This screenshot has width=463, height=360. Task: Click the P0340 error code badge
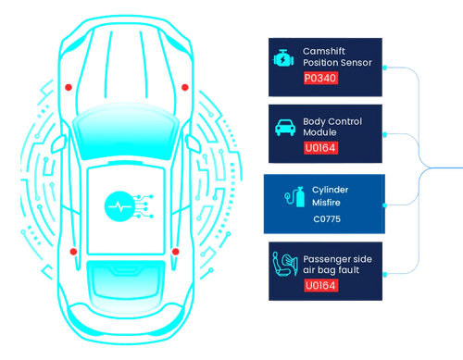[320, 79]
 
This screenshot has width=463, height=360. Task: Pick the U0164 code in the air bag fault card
[320, 286]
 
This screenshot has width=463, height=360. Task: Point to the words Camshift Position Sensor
[337, 56]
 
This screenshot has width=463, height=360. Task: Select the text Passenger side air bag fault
[341, 264]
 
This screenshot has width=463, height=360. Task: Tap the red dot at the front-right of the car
[184, 87]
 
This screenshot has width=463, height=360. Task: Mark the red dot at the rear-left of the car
[72, 251]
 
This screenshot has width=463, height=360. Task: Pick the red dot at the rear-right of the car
[174, 251]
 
